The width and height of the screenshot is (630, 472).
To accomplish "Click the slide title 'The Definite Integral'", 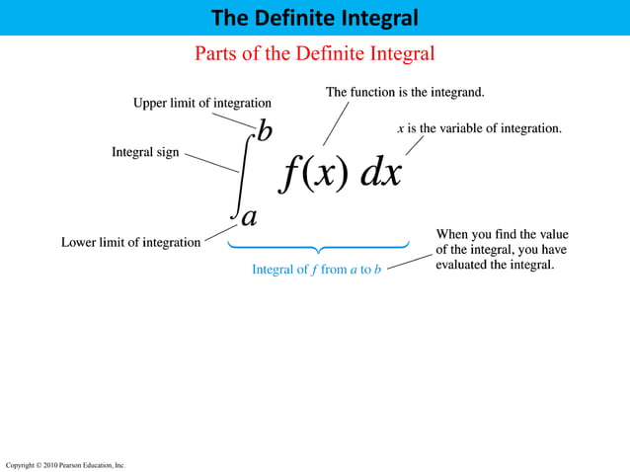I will [314, 18].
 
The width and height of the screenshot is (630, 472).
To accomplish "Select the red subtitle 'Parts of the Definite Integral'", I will [314, 52].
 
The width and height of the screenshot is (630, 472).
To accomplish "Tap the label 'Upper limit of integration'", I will [202, 103].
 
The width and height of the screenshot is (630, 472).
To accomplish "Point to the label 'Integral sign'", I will [145, 153].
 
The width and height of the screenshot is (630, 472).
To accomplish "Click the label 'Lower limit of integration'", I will [130, 242].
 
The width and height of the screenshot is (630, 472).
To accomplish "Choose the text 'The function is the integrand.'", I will [405, 92].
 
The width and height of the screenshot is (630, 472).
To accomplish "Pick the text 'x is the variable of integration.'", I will [479, 128].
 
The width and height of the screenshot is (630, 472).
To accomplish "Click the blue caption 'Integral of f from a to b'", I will [316, 270].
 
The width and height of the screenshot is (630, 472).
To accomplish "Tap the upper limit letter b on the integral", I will [264, 130].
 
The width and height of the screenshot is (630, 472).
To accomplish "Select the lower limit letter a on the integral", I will [249, 216].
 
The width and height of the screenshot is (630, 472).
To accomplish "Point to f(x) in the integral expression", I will [313, 173].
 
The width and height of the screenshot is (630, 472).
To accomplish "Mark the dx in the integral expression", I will [381, 173].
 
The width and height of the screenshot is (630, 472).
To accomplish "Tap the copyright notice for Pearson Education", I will [65, 464].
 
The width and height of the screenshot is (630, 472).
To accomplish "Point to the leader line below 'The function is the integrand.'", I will [336, 124].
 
